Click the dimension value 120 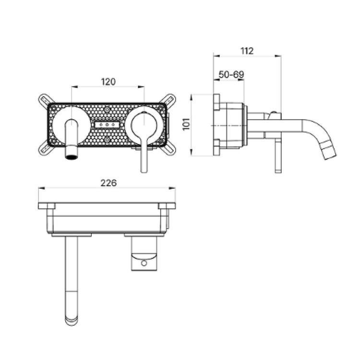click(108, 82)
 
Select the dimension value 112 click(247, 51)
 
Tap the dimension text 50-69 click(231, 74)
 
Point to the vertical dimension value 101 click(186, 124)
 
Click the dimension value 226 click(108, 183)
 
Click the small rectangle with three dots click(107, 125)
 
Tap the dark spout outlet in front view click(72, 157)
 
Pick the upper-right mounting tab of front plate click(169, 100)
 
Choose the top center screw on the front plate click(107, 109)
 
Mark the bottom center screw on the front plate click(107, 140)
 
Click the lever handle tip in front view click(144, 169)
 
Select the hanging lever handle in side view click(278, 156)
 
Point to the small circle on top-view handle click(144, 263)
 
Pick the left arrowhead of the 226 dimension click(41, 188)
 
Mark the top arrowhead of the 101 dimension click(192, 97)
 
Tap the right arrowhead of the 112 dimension click(278, 56)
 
